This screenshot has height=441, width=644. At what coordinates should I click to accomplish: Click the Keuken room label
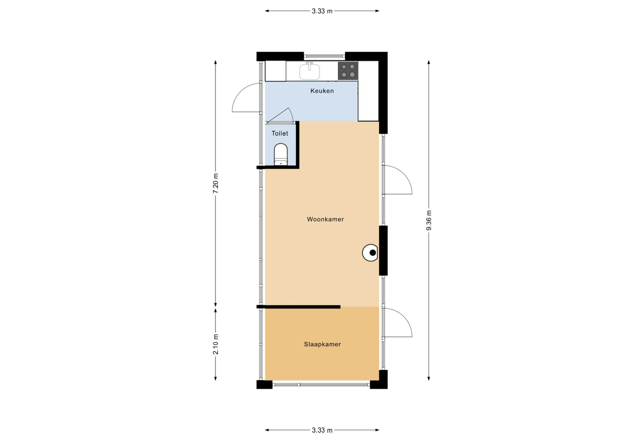click(322, 91)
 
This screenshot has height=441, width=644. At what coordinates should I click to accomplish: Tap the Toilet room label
click(280, 133)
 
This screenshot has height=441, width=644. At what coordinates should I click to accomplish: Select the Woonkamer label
click(325, 219)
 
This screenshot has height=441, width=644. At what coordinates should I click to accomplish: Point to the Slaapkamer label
click(322, 345)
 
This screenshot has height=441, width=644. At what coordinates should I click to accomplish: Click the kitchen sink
click(309, 71)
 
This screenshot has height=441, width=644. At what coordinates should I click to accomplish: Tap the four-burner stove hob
click(348, 71)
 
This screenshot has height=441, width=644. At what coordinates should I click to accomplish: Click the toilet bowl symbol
click(281, 154)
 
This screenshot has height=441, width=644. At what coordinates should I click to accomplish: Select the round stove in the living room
click(370, 253)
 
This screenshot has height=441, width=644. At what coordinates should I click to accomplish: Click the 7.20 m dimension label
click(216, 183)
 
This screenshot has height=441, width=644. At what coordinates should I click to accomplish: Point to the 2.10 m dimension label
click(216, 344)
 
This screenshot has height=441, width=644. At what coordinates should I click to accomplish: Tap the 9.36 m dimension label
click(429, 220)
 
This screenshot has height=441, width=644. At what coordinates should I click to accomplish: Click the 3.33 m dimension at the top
click(322, 11)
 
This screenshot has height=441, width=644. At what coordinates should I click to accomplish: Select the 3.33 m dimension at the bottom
click(322, 430)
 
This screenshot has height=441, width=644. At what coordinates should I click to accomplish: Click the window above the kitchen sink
click(324, 56)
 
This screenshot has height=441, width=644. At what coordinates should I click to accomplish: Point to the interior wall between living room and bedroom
click(298, 307)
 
